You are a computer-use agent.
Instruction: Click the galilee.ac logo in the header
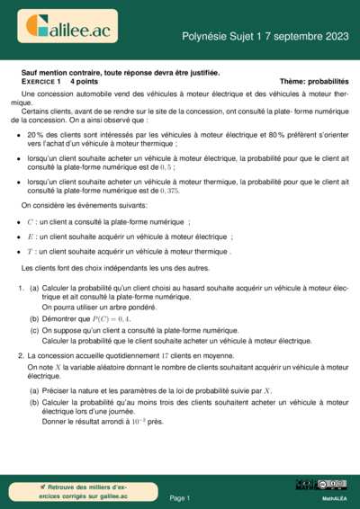pyautogui.click(x=67, y=29)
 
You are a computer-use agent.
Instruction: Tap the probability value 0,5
pyautogui.click(x=166, y=166)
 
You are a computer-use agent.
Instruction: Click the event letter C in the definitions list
pyautogui.click(x=30, y=221)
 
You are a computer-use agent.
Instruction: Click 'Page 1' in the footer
pyautogui.click(x=180, y=497)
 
